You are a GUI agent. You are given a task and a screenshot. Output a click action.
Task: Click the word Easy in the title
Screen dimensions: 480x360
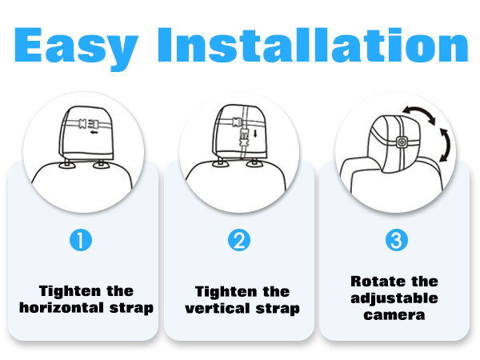tap(76, 48)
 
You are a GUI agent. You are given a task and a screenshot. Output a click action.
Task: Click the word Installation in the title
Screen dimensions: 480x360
tap(313, 45)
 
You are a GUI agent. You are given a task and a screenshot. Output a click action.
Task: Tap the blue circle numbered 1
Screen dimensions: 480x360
tap(81, 240)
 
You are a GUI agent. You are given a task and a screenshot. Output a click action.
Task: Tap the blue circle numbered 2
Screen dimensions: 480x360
tap(239, 240)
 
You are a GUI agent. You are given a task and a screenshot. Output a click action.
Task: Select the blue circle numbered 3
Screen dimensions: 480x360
tap(397, 240)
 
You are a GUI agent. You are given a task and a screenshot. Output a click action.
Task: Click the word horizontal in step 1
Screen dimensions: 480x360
tap(62, 307)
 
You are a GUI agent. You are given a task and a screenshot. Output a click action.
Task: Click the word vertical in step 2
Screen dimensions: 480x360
tap(218, 308)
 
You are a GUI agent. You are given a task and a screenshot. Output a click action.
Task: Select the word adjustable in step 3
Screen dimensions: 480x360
tap(394, 298)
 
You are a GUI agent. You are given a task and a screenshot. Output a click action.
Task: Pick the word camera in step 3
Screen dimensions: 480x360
tap(394, 315)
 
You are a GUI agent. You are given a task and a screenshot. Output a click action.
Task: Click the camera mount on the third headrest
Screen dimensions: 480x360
tap(402, 142)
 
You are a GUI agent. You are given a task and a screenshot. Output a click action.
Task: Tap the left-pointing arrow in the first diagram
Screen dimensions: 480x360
tap(94, 132)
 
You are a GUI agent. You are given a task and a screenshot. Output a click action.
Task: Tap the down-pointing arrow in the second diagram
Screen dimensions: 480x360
tap(255, 134)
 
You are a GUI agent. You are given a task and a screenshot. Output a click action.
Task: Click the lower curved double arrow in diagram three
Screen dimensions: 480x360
tap(447, 145)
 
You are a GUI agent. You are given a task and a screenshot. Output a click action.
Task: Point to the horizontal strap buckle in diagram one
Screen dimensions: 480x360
tap(89, 124)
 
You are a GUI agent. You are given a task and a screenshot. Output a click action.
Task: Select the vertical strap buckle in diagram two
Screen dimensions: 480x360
tap(244, 138)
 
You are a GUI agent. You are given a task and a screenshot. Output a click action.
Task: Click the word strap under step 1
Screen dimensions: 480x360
tap(131, 308)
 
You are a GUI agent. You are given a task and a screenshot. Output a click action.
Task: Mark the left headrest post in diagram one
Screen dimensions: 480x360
tap(67, 162)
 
